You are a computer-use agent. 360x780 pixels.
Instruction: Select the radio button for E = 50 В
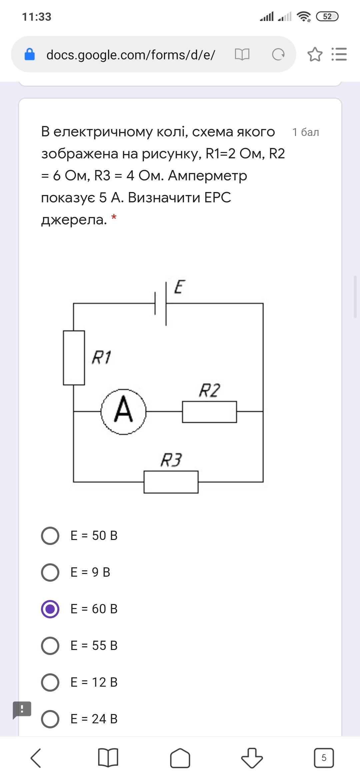click(50, 536)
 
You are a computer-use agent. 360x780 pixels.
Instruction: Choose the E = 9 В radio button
click(50, 572)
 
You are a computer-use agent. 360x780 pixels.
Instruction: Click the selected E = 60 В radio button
click(50, 609)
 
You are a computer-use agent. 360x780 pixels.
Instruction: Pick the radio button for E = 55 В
click(50, 646)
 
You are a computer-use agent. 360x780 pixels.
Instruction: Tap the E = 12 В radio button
click(50, 682)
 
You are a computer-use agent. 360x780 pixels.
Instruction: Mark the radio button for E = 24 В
click(50, 719)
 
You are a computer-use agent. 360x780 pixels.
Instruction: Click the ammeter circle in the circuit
click(124, 412)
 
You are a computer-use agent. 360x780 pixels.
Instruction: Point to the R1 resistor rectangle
click(74, 358)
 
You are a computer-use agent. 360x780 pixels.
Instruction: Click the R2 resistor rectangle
click(209, 412)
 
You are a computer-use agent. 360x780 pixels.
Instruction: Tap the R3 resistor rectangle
click(171, 482)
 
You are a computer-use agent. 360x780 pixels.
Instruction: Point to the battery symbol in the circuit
click(161, 303)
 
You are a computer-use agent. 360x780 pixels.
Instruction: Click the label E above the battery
click(180, 287)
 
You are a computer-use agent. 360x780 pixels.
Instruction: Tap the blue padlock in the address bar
click(30, 54)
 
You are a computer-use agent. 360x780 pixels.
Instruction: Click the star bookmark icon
click(315, 54)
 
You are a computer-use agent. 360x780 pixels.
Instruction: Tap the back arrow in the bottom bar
click(36, 758)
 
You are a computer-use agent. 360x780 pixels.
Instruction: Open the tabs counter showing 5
click(324, 758)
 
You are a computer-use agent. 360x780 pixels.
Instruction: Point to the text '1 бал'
click(306, 132)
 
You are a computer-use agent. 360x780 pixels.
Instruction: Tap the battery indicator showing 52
click(327, 16)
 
